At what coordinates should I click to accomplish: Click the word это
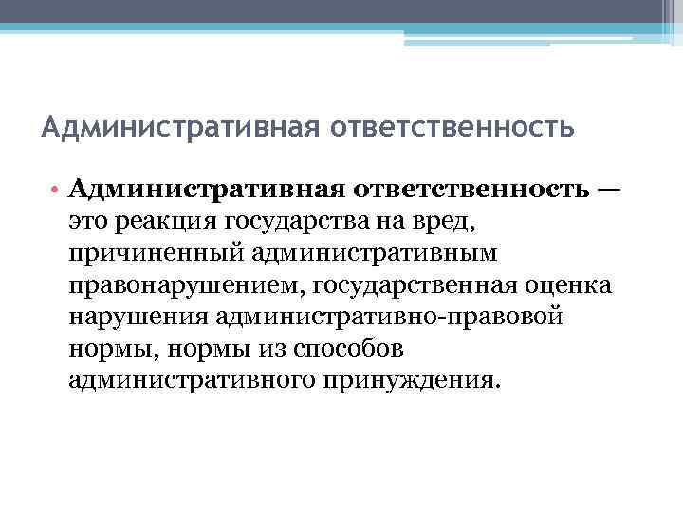(90, 223)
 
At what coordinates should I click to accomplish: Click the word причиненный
(142, 254)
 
